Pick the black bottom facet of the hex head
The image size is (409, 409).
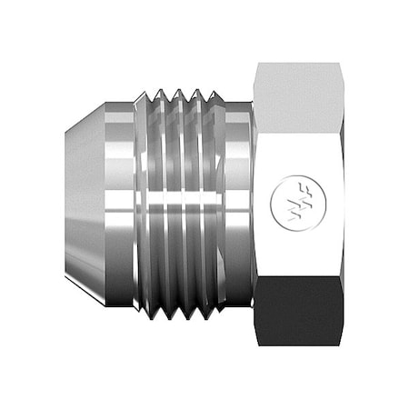click(298, 312)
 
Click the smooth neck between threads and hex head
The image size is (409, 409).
click(239, 204)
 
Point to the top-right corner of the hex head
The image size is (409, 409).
click(341, 64)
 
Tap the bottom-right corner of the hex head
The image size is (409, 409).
click(341, 345)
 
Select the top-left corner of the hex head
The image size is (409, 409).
click(256, 64)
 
